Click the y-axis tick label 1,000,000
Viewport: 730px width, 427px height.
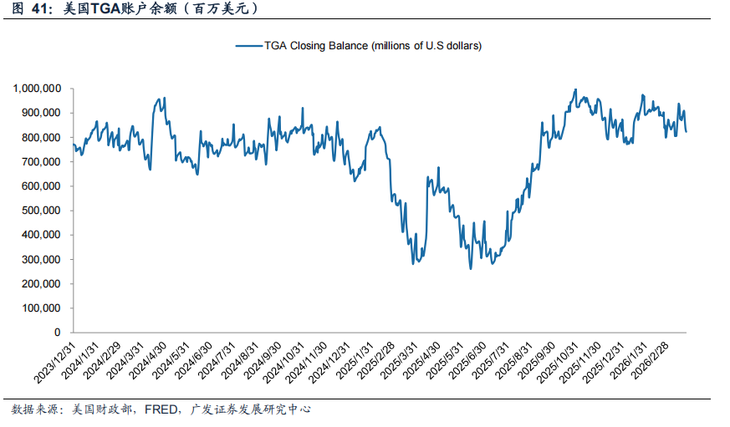[x=36, y=89]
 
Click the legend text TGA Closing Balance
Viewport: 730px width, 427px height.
[x=373, y=46]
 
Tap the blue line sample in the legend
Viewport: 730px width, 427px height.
[x=248, y=46]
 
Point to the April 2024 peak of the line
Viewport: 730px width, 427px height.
[x=163, y=98]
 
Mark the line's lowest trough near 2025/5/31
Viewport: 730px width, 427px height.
[x=470, y=268]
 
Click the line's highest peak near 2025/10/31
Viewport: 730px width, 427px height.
[x=575, y=89]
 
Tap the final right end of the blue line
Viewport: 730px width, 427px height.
[x=687, y=131]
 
